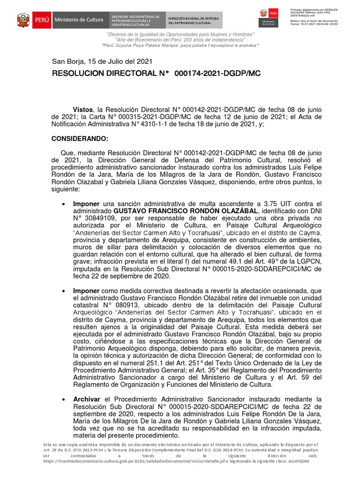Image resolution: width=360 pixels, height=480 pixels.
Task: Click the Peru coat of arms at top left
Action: pos(23,20)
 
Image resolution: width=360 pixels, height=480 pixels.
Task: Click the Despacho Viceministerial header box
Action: pos(136,20)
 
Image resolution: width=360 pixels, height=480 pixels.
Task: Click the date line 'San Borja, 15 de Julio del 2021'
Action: pos(102,61)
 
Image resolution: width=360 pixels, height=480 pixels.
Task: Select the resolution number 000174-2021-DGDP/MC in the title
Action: pos(217,74)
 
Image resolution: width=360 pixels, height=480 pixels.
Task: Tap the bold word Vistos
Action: pos(82,108)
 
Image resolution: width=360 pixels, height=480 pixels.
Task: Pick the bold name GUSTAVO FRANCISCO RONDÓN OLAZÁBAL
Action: pos(186,211)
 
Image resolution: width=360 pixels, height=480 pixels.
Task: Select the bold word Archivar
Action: pos(86,399)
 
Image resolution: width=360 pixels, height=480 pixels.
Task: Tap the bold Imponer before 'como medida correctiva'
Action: pos(87,291)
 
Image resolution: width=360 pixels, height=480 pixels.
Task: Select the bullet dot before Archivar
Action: pos(63,399)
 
